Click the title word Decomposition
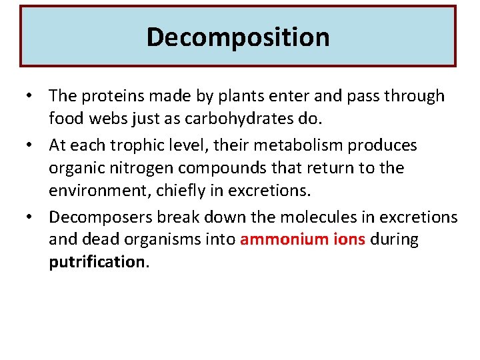[x=238, y=37]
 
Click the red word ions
[x=348, y=240]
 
